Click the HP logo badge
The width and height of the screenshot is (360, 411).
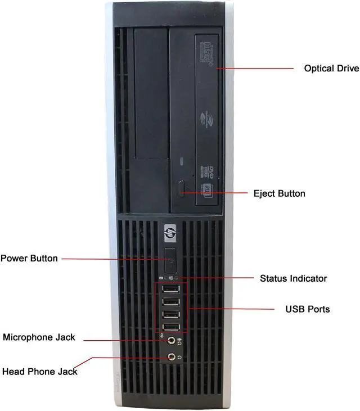coord(170,231)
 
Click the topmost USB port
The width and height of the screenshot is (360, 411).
coord(170,290)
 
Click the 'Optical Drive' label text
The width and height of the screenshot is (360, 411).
coord(331,69)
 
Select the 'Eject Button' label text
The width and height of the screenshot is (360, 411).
coord(279,193)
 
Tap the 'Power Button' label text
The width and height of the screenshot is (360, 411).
coord(29,259)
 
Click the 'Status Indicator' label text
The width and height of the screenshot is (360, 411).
coord(293,278)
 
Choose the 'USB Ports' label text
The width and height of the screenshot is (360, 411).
coord(308,309)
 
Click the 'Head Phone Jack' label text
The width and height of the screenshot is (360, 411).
coord(40,372)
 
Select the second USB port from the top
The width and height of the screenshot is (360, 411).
coord(170,302)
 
